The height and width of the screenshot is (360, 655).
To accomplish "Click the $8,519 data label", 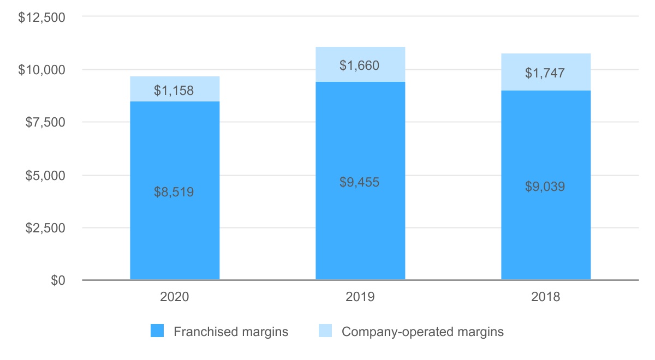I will (x=175, y=192).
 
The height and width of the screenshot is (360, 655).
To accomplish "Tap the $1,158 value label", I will (x=175, y=91).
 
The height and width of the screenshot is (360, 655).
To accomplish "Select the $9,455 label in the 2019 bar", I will (x=360, y=182).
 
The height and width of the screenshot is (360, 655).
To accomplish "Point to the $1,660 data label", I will (x=360, y=65).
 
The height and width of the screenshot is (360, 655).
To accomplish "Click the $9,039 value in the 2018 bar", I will (x=545, y=187).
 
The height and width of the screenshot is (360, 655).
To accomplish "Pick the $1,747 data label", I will (x=545, y=73).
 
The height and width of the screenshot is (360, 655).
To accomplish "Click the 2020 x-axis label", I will (x=175, y=298).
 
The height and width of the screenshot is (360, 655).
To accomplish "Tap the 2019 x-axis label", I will (x=360, y=298).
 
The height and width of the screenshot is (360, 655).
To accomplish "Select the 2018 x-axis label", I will (x=545, y=298).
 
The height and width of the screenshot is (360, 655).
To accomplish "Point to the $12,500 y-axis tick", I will (x=42, y=17).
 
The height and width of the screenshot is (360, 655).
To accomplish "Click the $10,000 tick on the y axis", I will (x=42, y=70).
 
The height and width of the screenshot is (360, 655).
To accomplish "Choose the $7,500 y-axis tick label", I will (x=45, y=123).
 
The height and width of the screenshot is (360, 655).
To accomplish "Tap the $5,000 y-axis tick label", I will (x=45, y=176).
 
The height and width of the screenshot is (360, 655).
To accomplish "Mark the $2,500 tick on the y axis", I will (x=45, y=228).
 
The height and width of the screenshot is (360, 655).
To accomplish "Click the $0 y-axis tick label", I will (x=58, y=280).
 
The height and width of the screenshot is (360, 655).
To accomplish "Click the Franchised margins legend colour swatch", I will (x=157, y=331).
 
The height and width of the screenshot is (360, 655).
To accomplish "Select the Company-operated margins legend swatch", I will (x=325, y=331).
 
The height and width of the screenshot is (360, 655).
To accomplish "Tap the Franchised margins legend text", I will (x=231, y=332).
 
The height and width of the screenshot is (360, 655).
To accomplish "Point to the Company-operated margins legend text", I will (x=422, y=332).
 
